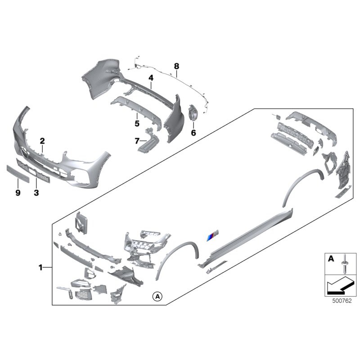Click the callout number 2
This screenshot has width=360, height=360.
click(x=42, y=140)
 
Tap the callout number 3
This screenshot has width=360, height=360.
click(x=36, y=193)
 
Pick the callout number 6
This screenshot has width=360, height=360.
click(x=193, y=133)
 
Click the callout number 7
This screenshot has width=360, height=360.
click(x=137, y=141)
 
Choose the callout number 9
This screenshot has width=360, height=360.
click(x=18, y=193)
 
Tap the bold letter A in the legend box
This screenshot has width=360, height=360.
click(x=331, y=259)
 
